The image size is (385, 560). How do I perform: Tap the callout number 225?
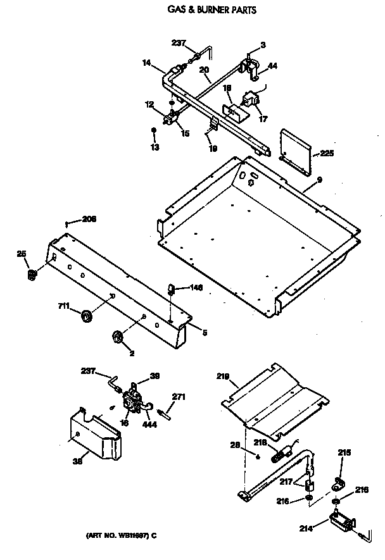[327, 153]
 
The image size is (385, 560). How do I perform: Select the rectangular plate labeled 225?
[296, 151]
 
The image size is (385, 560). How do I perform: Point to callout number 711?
[63, 308]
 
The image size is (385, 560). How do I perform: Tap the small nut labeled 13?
[153, 131]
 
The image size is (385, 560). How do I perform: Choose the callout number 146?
[196, 287]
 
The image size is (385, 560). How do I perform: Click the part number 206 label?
[89, 219]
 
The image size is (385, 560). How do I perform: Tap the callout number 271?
[179, 397]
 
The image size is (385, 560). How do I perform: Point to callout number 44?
[272, 66]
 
